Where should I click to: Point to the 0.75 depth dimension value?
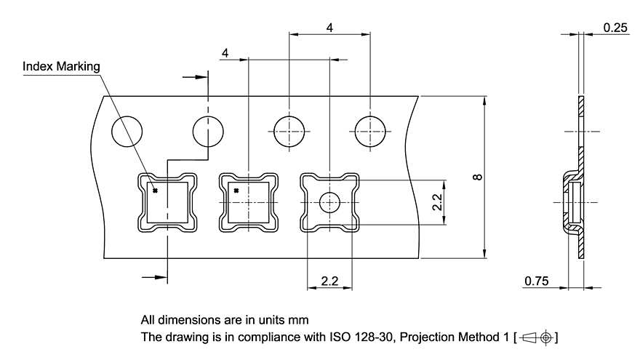[x=535, y=280]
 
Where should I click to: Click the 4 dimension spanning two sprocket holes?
[x=330, y=28]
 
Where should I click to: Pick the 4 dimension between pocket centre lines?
[x=225, y=54]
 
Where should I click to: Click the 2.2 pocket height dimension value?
[x=436, y=202]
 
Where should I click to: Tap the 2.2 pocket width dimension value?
[x=330, y=280]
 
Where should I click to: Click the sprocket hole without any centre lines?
[x=127, y=132]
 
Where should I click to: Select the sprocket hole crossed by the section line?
[x=209, y=132]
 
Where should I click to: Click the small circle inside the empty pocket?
[x=330, y=202]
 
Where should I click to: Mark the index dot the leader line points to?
[x=155, y=191]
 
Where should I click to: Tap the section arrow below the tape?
[x=153, y=276]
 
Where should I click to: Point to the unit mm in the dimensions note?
[x=298, y=319]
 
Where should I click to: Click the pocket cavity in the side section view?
[x=575, y=203]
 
